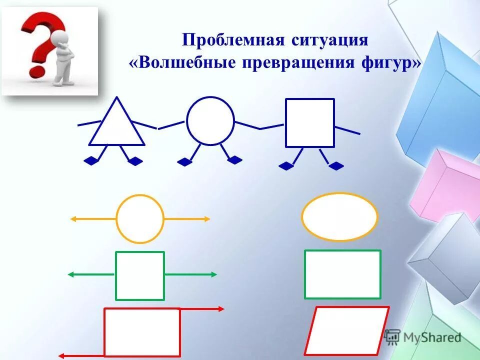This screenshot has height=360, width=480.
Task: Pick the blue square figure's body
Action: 309,123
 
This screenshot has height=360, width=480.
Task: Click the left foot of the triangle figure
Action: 90,160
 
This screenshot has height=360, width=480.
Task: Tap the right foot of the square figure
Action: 337,165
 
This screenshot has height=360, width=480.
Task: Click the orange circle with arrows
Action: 140,219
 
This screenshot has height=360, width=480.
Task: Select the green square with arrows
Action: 140,275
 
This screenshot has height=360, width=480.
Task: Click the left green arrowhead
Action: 71,274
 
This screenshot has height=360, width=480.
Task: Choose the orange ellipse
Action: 339,217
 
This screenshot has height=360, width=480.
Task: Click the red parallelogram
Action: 347,330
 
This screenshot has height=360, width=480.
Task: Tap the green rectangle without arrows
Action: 342,274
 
